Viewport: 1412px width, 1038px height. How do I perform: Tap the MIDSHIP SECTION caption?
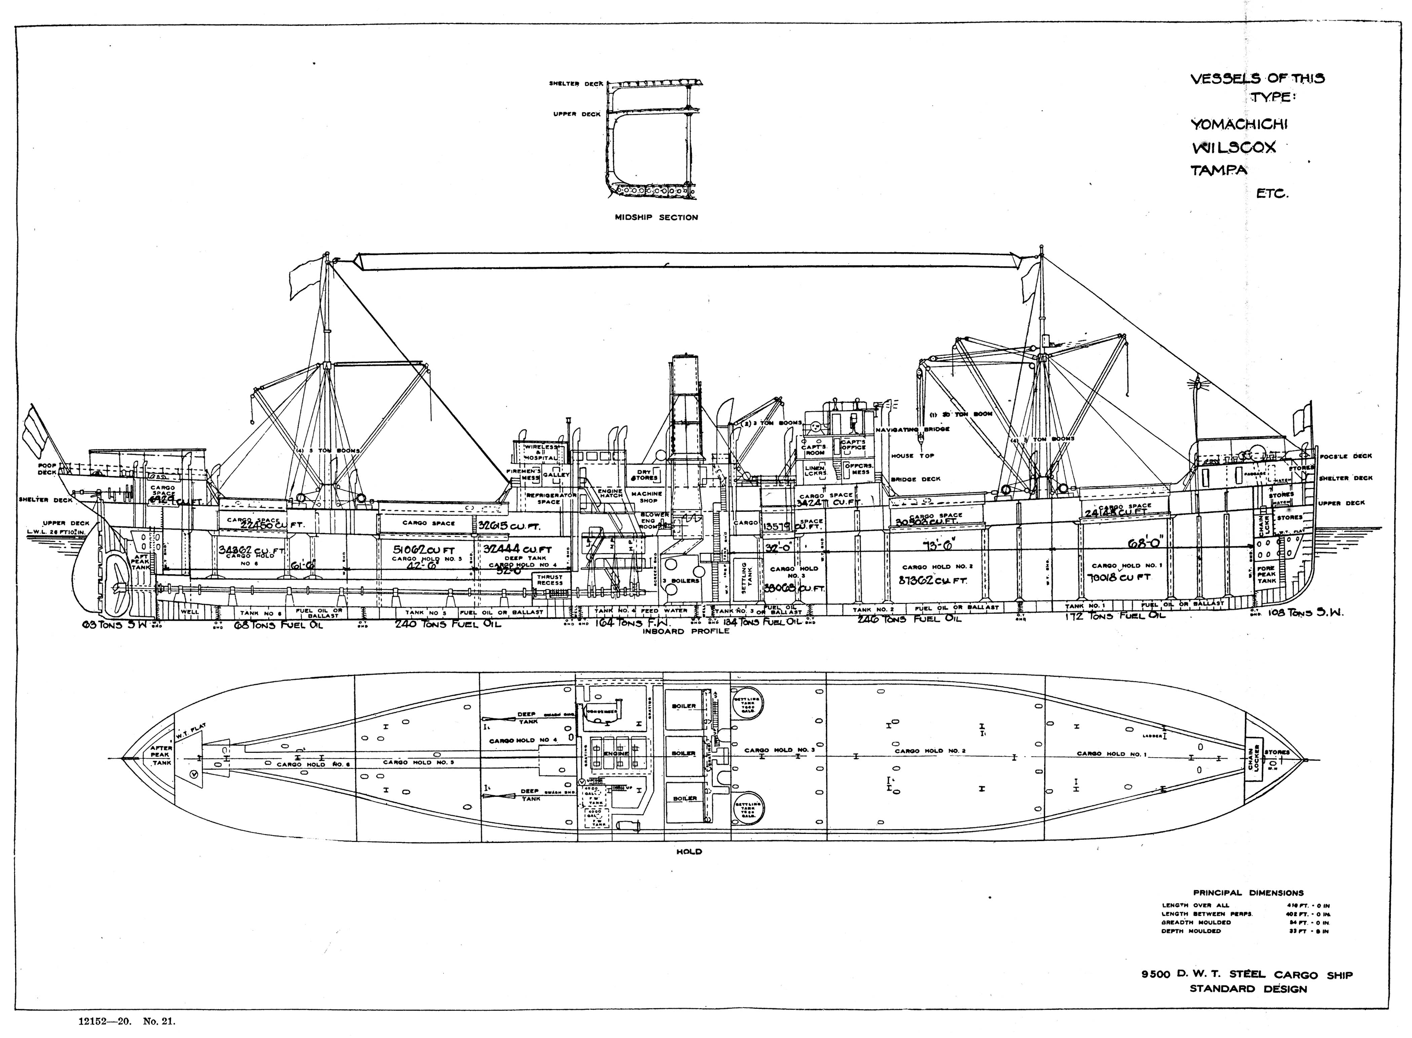[x=656, y=218]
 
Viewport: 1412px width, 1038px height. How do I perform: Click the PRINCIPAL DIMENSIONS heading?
[x=1248, y=893]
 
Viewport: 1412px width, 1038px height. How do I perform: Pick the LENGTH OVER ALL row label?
[x=1195, y=906]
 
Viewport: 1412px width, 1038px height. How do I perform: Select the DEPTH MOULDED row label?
[x=1191, y=931]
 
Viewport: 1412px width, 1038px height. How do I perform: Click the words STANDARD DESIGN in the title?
[x=1248, y=989]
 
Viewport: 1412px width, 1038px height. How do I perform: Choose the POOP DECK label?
[x=47, y=468]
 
